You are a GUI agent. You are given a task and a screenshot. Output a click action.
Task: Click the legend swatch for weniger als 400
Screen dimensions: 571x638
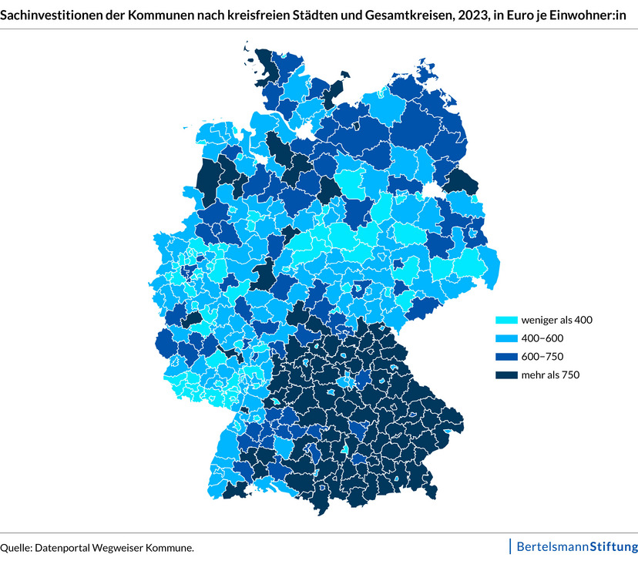pyautogui.click(x=505, y=319)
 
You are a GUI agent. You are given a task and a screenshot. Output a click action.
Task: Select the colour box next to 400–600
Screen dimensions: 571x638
pyautogui.click(x=505, y=338)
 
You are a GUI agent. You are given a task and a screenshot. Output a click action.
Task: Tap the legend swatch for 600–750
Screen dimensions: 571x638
pyautogui.click(x=505, y=356)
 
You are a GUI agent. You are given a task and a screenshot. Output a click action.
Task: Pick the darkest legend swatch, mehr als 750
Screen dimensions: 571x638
pyautogui.click(x=505, y=375)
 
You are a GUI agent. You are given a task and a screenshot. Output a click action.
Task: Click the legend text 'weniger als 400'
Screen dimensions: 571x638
pyautogui.click(x=556, y=319)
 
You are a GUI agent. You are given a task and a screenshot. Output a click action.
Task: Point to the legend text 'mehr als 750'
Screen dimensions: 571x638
pyautogui.click(x=550, y=375)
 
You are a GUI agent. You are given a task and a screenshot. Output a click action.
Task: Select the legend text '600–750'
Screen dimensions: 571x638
pyautogui.click(x=542, y=356)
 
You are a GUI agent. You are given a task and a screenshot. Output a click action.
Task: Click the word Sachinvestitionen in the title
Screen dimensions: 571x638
pyautogui.click(x=47, y=13)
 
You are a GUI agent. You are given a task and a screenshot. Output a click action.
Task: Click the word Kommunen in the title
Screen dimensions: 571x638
pyautogui.click(x=154, y=13)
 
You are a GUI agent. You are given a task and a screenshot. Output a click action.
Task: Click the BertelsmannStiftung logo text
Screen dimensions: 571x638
pyautogui.click(x=576, y=547)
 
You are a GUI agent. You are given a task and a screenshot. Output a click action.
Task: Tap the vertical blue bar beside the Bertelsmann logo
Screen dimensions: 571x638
pyautogui.click(x=510, y=546)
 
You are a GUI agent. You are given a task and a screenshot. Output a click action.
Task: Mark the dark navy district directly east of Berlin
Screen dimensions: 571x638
pyautogui.click(x=462, y=181)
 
